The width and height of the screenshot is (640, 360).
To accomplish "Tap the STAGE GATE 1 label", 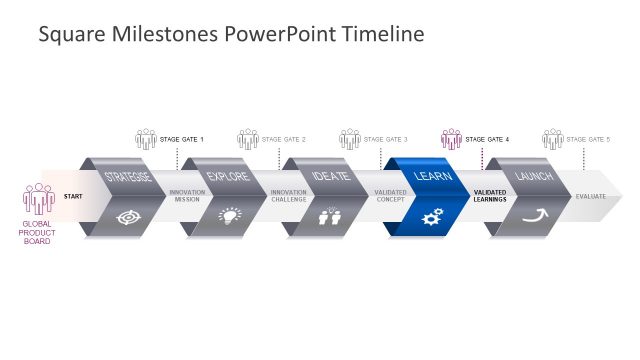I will [x=182, y=139].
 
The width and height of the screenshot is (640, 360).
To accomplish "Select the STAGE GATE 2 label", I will [x=284, y=139].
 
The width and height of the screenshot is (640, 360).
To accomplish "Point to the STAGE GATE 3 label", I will [x=386, y=139].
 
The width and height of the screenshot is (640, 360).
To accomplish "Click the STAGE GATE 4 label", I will [x=488, y=139].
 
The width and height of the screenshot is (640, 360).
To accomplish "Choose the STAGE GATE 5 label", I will [x=589, y=139].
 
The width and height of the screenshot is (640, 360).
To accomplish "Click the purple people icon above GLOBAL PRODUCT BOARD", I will [x=39, y=198].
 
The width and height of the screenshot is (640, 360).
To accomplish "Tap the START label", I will [x=73, y=196].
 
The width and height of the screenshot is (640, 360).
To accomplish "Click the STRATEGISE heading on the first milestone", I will [x=129, y=177].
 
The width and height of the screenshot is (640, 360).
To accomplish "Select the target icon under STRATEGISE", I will [x=128, y=216].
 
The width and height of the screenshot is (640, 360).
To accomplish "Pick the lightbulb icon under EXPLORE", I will [x=230, y=215].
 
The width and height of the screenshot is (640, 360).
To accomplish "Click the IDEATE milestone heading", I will [x=331, y=177].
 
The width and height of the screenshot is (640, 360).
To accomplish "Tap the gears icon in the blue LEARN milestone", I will [x=433, y=216].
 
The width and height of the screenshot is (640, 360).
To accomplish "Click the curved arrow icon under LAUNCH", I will [x=535, y=215].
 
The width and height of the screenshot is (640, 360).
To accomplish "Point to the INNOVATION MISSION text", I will [x=187, y=196].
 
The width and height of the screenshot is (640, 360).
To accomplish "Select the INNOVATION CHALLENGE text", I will [x=289, y=196].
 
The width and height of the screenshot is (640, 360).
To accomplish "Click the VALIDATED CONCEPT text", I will [x=390, y=196].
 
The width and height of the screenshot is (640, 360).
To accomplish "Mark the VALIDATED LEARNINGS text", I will [x=490, y=196].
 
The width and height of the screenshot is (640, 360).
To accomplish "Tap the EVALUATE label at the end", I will [x=590, y=196].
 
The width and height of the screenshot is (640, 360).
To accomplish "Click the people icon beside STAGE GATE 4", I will [x=452, y=138].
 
